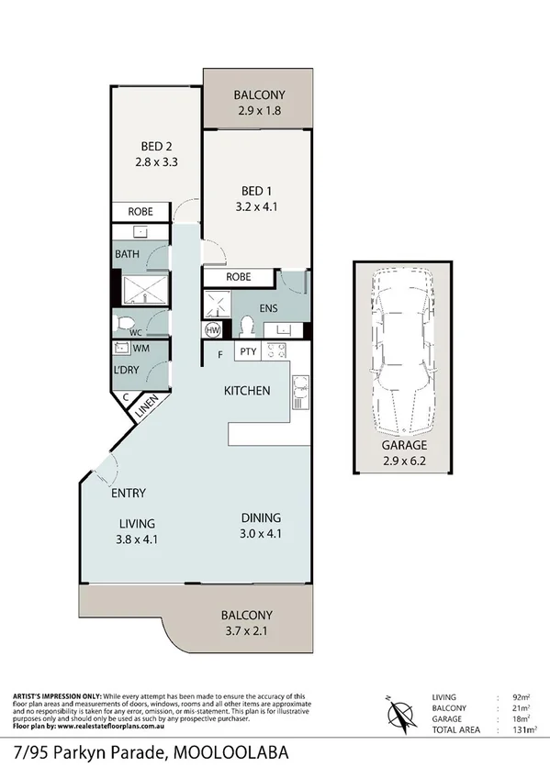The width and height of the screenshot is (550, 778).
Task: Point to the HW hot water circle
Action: click(x=214, y=329)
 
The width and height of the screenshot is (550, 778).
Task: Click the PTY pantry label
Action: click(x=247, y=351)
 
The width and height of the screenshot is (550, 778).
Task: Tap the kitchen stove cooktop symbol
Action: click(x=275, y=350)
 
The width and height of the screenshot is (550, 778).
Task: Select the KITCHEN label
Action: click(x=247, y=391)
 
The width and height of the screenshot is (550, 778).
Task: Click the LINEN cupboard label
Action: click(x=147, y=408)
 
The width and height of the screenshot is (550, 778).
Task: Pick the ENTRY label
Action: click(x=129, y=494)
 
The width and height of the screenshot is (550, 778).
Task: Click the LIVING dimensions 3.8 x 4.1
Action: click(x=138, y=539)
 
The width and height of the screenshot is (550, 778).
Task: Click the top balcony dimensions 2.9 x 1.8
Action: click(x=258, y=111)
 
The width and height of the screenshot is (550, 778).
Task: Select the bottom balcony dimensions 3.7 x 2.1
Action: click(x=247, y=631)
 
